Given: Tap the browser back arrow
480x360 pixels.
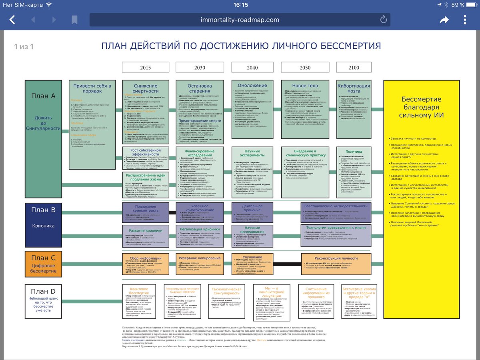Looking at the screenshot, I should point(12,20).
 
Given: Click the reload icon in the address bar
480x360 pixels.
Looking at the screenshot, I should point(383,20).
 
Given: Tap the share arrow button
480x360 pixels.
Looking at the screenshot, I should point(444,20).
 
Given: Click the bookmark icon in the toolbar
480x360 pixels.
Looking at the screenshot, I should point(74,20).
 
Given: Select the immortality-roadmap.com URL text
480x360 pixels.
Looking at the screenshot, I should point(240,20).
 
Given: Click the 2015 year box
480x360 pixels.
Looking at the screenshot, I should point(145,68).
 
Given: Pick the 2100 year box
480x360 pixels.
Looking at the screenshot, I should point(354,68).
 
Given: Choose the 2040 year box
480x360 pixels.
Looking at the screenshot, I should point(252,68).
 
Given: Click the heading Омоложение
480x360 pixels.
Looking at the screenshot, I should point(252,86).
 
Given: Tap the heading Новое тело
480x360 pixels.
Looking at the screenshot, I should point(305,86).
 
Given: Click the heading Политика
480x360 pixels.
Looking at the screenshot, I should point(354,152).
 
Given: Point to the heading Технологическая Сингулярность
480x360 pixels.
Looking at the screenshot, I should point(226,291).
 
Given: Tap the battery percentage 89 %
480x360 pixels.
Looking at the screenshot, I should point(458,5).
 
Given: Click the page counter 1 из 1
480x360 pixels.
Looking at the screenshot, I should point(24,47).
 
